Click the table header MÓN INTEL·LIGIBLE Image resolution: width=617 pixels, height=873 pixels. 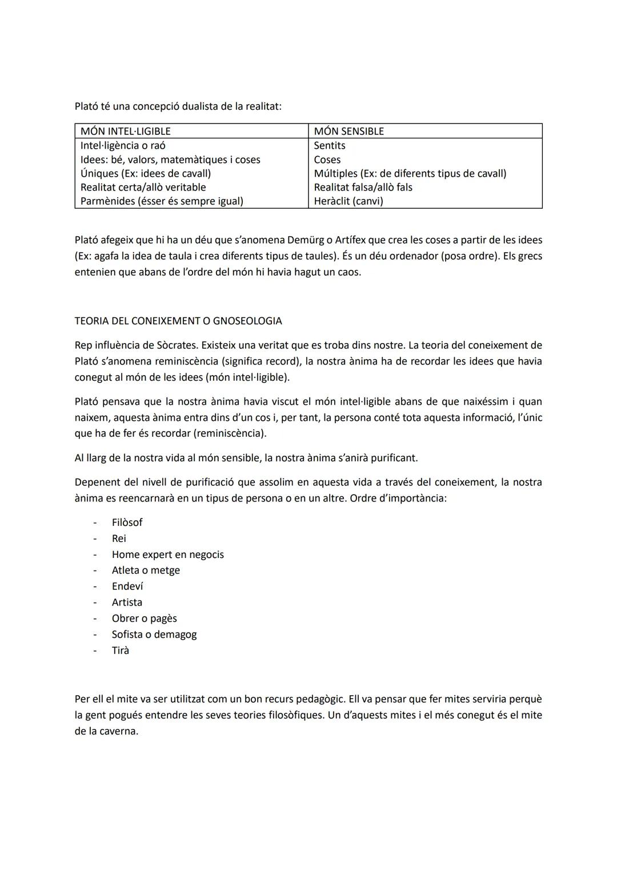pos(125,131)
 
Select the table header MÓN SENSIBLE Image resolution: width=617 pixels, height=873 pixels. pos(348,131)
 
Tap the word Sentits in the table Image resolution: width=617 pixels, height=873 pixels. pos(330,145)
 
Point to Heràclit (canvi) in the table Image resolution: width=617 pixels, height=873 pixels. pos(348,201)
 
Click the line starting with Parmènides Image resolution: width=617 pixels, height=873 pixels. pos(162,201)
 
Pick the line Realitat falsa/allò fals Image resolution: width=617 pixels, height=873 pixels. pos(363,187)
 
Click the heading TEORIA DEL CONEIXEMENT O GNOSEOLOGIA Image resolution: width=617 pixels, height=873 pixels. pos(178,321)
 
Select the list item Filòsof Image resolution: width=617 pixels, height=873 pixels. pos(127,522)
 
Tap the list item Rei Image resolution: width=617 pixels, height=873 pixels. pos(119,538)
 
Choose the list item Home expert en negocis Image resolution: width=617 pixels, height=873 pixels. pos(168,554)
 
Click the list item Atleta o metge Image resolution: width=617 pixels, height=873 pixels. pos(146,570)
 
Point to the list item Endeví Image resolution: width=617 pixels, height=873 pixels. pos(127,586)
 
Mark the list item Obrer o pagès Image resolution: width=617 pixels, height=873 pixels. pos(145,618)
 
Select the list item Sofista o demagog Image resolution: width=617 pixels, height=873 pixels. pos(154,634)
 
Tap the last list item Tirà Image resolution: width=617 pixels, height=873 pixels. pos(121,650)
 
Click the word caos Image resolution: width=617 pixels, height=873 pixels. pos(350,272)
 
